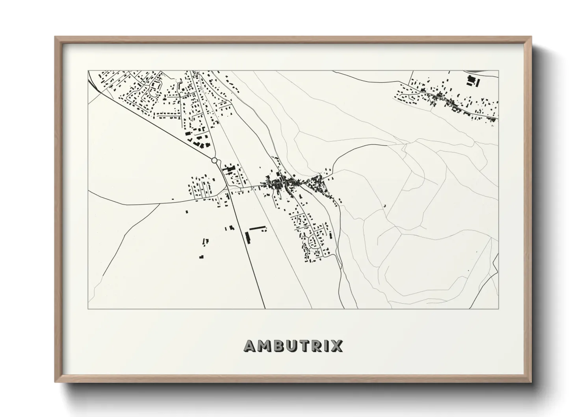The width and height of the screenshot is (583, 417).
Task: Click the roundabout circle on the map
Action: click(x=214, y=160)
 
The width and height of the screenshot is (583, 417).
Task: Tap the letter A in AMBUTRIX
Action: click(x=251, y=346)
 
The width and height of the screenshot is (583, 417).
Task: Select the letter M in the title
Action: click(x=266, y=346)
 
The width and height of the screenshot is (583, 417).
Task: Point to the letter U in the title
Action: click(x=293, y=346)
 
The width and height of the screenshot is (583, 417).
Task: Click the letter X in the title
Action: click(x=337, y=346)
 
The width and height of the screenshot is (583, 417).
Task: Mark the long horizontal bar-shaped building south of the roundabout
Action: click(x=258, y=228)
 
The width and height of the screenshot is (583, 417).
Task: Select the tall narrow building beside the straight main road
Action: click(x=248, y=237)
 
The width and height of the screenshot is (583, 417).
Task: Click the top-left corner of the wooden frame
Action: click(x=56, y=37)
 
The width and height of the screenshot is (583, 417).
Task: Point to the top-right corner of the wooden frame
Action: click(x=531, y=37)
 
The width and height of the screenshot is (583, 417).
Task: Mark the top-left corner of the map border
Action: click(x=88, y=71)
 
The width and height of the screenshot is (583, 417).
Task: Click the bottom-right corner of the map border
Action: click(x=499, y=309)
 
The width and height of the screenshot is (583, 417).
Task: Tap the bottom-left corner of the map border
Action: click(x=88, y=309)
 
